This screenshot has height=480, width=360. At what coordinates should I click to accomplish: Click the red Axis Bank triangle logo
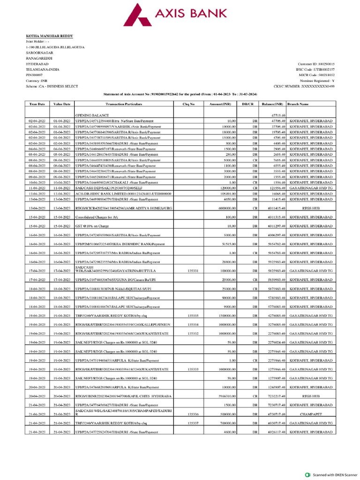click(137, 13)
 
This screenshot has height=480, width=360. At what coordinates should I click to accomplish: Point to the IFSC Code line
click(316, 69)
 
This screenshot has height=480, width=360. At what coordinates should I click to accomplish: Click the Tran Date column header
click(37, 104)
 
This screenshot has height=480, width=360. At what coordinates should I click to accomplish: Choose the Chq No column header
click(188, 104)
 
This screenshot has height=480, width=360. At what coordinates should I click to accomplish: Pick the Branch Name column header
click(298, 104)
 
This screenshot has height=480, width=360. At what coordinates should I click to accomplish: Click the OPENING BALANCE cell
click(92, 115)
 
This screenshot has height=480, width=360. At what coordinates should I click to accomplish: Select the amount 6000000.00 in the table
click(225, 208)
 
